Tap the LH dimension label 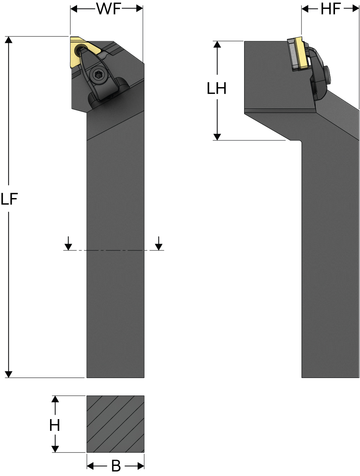(217, 89)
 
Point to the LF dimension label (9, 199)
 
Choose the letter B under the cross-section (116, 466)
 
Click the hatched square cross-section (115, 424)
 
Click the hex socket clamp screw (98, 75)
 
